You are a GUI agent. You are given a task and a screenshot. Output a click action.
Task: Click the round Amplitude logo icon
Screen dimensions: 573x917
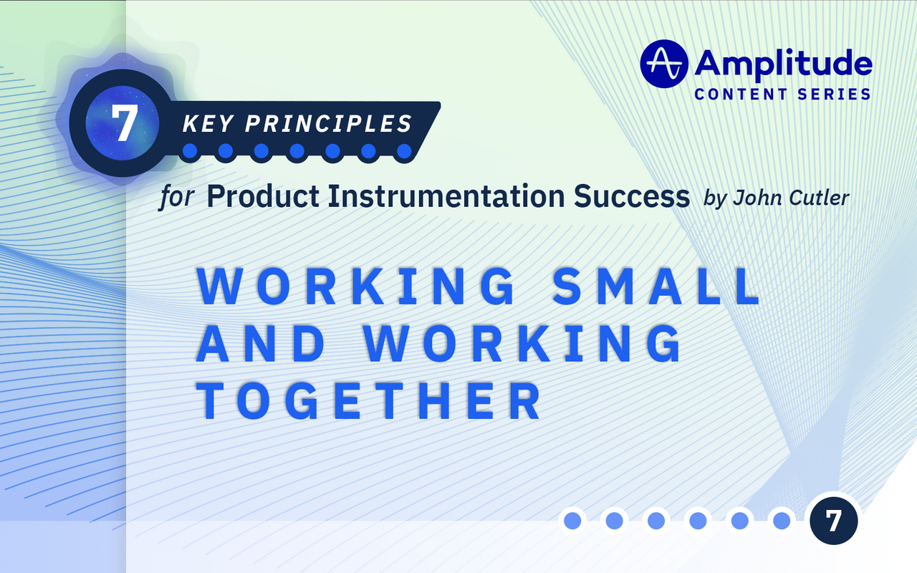(x=664, y=64)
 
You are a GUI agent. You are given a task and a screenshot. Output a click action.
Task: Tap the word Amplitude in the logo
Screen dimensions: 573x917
(x=783, y=64)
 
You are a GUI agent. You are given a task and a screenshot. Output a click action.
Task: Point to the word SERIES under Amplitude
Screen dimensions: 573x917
(x=834, y=94)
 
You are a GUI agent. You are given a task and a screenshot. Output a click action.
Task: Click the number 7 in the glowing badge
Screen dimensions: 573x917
(x=124, y=124)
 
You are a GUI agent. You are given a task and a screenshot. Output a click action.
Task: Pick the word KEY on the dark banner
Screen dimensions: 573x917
(x=208, y=123)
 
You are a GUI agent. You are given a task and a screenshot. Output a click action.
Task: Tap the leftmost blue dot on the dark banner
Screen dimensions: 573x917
(x=190, y=151)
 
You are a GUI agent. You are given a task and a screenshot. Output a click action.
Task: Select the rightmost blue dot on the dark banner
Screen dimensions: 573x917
(x=404, y=151)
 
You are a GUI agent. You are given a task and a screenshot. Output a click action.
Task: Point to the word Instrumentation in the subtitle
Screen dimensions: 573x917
(x=441, y=196)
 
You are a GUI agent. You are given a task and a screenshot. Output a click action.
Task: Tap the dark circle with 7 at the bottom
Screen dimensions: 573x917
(x=833, y=521)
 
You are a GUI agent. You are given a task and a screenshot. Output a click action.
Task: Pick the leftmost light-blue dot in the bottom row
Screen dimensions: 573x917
(x=572, y=521)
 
